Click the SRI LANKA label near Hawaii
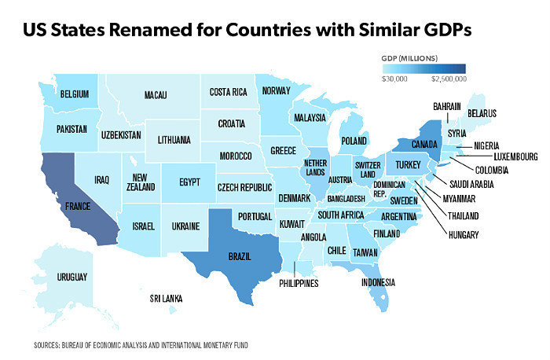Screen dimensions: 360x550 (x=167, y=299)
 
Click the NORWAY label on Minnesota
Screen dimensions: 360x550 (x=277, y=90)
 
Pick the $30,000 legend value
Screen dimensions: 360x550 (x=394, y=79)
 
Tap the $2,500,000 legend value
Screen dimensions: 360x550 (x=449, y=79)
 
